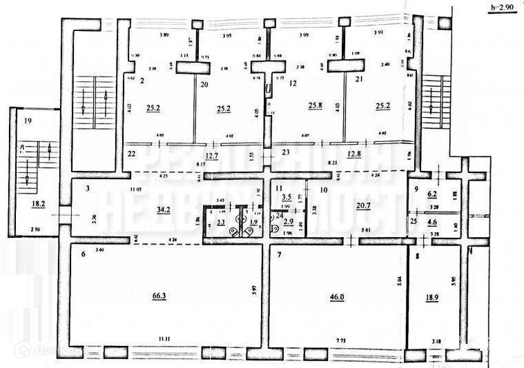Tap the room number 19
pyautogui.click(x=28, y=120)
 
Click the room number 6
pyautogui.click(x=83, y=254)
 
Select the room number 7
pyautogui.click(x=279, y=255)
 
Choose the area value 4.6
pyautogui.click(x=432, y=222)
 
